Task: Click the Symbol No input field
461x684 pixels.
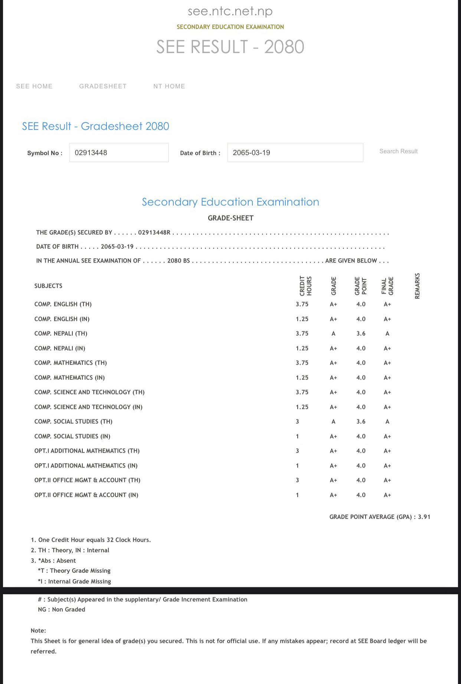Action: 119,152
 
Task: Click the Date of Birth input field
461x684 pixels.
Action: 295,152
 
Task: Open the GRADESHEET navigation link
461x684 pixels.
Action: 103,86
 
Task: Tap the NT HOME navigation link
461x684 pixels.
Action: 169,86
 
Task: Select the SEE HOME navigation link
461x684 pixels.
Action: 34,86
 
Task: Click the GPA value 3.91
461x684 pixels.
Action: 424,517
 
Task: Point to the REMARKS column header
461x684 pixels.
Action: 417,286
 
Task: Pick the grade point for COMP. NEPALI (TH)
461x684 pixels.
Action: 361,333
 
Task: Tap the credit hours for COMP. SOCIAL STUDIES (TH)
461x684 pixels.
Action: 297,421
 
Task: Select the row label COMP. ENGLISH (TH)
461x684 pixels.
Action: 63,304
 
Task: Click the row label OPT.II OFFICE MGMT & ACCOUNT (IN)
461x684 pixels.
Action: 86,495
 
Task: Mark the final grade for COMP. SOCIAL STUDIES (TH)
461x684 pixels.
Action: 387,421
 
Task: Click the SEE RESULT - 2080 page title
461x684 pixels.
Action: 230,47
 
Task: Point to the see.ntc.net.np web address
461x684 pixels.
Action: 230,11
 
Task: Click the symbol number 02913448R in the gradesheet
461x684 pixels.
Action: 154,233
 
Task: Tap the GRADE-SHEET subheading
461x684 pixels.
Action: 230,218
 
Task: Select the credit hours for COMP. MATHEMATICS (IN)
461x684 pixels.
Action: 302,378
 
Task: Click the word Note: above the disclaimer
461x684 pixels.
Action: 38,631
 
